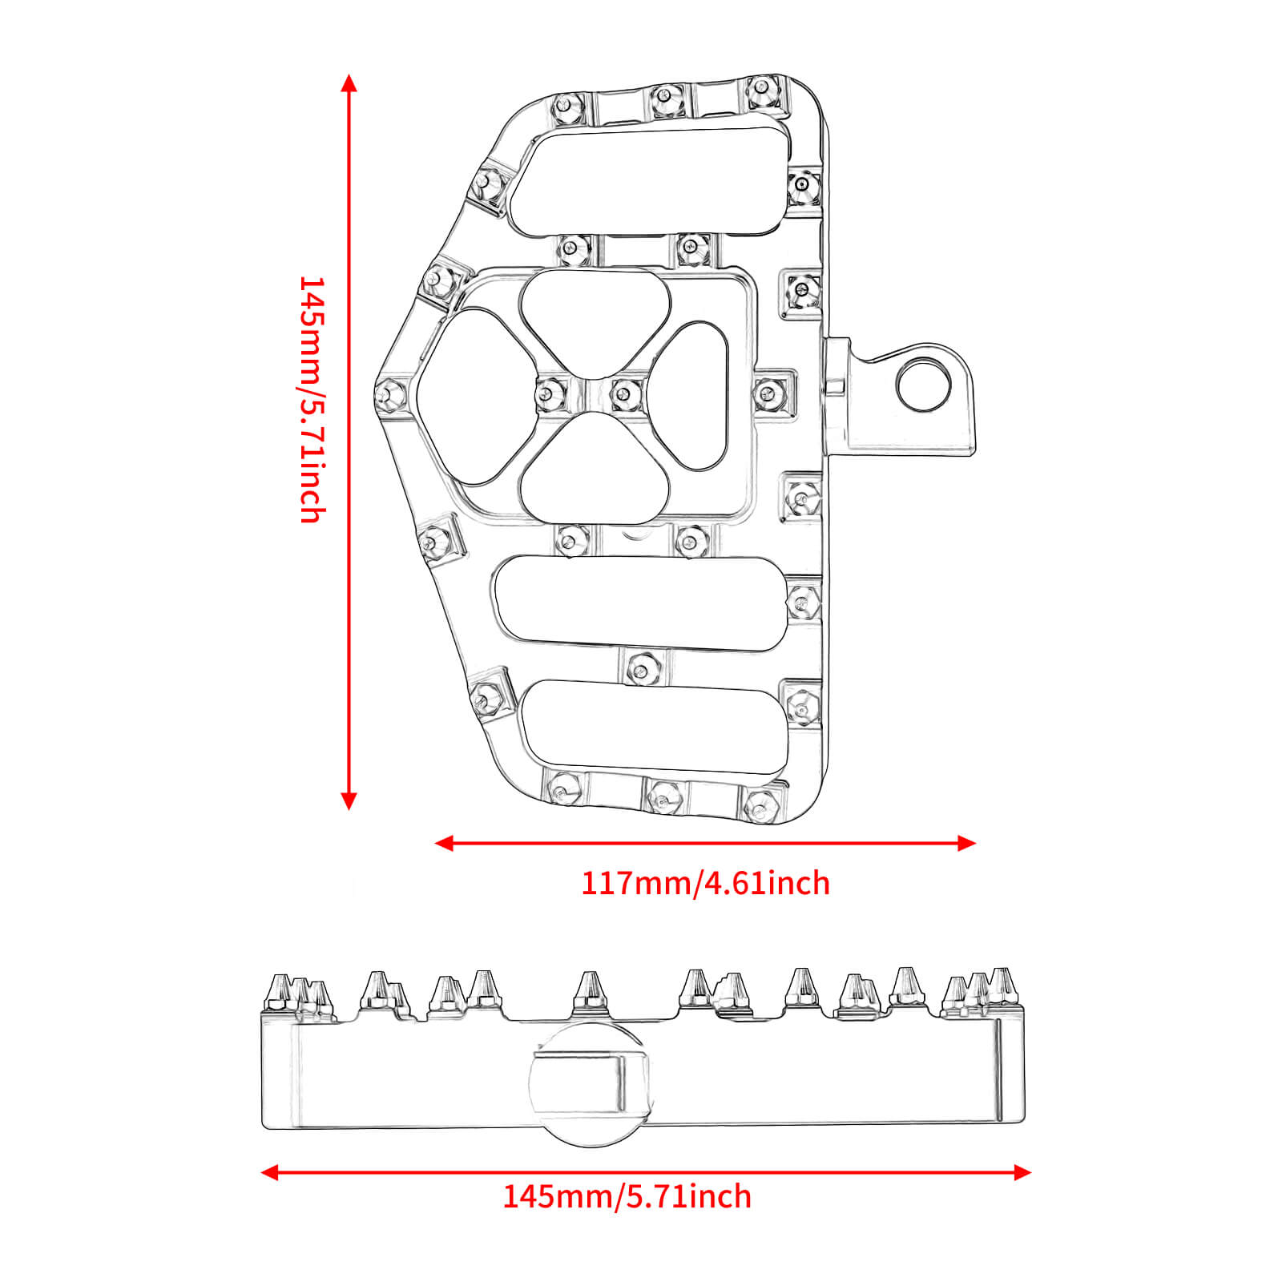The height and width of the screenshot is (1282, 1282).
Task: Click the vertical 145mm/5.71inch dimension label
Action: [312, 399]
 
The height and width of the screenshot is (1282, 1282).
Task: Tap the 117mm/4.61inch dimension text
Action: [705, 883]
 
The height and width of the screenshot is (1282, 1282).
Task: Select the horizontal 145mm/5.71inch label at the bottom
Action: [627, 1197]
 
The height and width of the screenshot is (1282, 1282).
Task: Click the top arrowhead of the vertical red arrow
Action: [348, 83]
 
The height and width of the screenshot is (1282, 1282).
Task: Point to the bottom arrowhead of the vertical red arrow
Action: [348, 800]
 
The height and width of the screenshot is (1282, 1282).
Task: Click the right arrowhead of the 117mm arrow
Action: [967, 843]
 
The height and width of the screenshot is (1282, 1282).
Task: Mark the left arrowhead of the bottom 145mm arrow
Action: [270, 1173]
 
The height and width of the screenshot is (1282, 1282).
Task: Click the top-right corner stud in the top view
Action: [760, 91]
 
